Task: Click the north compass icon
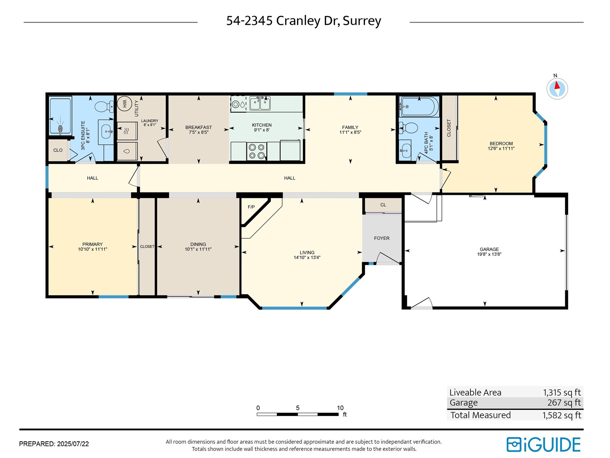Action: coord(557,89)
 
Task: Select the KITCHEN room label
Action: coord(262,125)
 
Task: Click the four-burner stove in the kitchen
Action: coord(257,151)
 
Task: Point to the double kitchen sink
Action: coord(260,103)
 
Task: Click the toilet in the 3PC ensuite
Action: coord(104,106)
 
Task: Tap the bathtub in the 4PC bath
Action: coord(419,107)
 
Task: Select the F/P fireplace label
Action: coord(251,207)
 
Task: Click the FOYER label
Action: coord(382,238)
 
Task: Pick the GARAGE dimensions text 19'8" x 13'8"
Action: coord(489,254)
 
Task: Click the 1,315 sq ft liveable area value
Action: coord(562,392)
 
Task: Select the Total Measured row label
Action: coord(480,415)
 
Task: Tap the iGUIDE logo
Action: coord(543,444)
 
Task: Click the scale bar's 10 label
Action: coord(340,408)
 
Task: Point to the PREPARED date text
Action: coord(54,444)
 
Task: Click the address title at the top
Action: coord(303,21)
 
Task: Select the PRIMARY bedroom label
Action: coord(92,244)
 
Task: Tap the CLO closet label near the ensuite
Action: coord(58,150)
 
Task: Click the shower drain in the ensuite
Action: coord(60,129)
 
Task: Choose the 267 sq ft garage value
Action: coord(564,402)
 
